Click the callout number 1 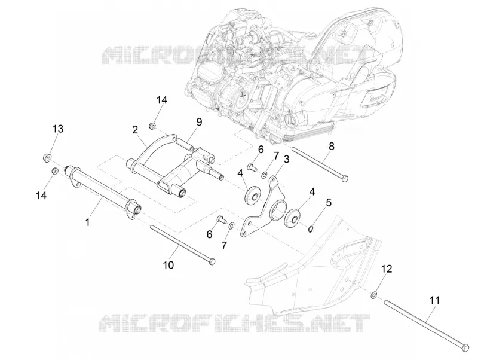tap(87, 222)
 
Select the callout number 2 tap(135, 130)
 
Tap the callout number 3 tap(286, 159)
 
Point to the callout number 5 tap(328, 202)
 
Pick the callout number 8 tap(332, 146)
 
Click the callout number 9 tap(199, 123)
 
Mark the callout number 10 tap(168, 265)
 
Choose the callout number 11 tap(435, 301)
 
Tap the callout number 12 tap(386, 269)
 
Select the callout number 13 tap(57, 129)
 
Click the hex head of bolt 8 tap(345, 178)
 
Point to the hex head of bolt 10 tap(212, 261)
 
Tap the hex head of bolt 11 tap(465, 348)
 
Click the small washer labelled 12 tap(373, 295)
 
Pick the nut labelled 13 tap(47, 158)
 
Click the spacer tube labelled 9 tap(185, 145)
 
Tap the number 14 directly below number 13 tap(41, 196)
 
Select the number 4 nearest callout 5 tap(312, 192)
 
